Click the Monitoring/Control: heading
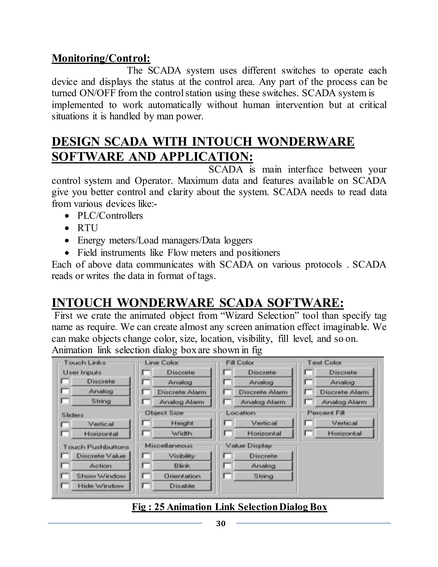coord(101,58)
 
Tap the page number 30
coord(221,523)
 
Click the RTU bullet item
coord(87,228)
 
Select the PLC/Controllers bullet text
coord(110,215)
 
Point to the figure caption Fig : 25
coord(229,507)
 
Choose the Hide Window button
coord(101,486)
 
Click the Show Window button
coord(101,476)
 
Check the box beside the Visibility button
coord(146,456)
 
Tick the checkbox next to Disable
coord(146,486)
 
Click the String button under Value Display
coord(263,476)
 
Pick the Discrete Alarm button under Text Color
coord(344,392)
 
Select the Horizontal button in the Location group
coord(264,433)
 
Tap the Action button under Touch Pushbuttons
coord(101,466)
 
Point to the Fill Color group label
coord(240,362)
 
